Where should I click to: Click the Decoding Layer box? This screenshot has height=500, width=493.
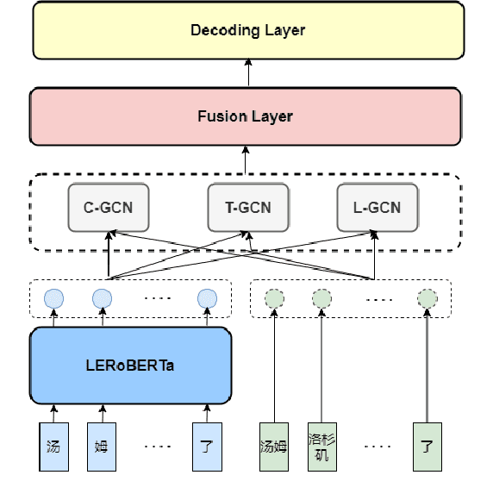coord(247,31)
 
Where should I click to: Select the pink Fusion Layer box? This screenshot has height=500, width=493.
coord(245,116)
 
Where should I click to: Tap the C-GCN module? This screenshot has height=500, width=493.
coord(108,208)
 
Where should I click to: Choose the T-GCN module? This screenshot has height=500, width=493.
coord(247,208)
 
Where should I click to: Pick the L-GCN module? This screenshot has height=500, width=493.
coord(377,208)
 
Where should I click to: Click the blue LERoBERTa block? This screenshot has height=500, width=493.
coord(131,365)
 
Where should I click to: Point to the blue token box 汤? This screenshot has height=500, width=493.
coord(53,447)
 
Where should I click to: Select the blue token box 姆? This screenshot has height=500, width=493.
coord(101,447)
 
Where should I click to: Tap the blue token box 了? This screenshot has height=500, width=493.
coord(205,447)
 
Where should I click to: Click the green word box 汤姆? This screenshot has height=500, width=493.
coord(273,447)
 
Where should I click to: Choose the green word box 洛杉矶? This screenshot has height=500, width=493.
coord(321,447)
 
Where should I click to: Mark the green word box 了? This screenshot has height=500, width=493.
coord(427,447)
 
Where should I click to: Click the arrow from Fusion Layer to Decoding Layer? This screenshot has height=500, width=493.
coord(247,72)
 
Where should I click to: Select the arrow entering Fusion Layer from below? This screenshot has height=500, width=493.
coord(246,159)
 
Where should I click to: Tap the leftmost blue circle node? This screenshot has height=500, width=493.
coord(53,299)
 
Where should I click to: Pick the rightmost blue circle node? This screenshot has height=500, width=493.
coord(205,299)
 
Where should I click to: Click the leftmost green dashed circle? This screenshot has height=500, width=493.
coord(273,299)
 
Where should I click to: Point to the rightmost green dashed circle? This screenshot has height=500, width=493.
coord(427,299)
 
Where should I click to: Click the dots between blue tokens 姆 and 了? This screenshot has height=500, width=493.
coord(157,447)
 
